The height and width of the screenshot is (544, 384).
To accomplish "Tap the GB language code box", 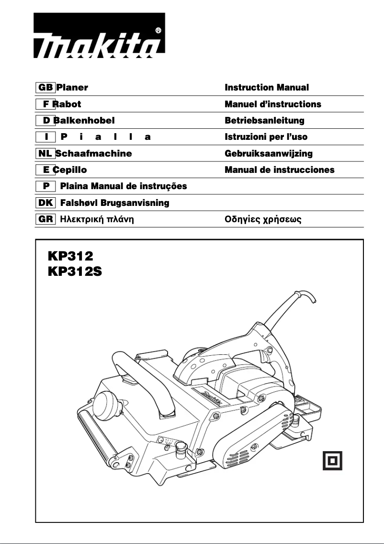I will coord(45,88).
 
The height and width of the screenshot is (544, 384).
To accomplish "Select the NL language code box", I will coord(45,154).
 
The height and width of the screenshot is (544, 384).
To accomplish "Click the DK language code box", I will coord(45,203).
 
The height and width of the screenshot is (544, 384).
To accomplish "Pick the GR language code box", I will coord(45,220).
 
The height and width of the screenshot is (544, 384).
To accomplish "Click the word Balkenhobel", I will coord(84,121).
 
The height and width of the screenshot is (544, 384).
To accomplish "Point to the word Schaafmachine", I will coord(93,154).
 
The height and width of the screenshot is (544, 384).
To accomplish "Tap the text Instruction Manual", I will coord(267,88).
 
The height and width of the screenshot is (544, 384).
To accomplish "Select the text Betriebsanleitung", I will coord(264,121).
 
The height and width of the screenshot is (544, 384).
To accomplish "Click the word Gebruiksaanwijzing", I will coord(269,154).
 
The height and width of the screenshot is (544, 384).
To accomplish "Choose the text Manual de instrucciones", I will coord(280,170).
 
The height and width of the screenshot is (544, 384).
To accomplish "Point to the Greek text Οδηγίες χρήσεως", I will coord(263,220).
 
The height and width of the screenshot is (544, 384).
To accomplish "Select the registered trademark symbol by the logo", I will coord(158,30).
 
